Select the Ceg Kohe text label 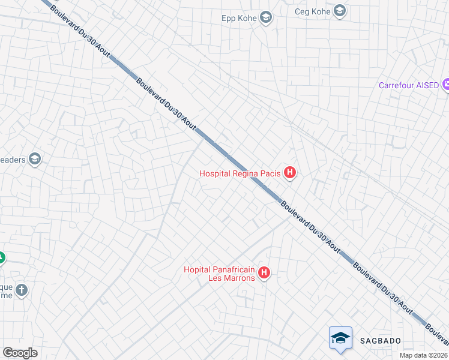(x=313, y=11)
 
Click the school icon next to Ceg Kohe (x=340, y=11)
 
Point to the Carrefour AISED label (x=409, y=85)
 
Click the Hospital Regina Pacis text (x=240, y=174)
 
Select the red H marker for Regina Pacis (x=290, y=174)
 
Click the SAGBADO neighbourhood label (x=380, y=341)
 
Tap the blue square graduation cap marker (x=340, y=337)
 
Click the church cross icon (x=22, y=290)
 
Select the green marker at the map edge (x=2, y=258)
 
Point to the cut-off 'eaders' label (x=12, y=159)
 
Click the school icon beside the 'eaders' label (x=35, y=159)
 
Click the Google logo (x=20, y=353)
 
